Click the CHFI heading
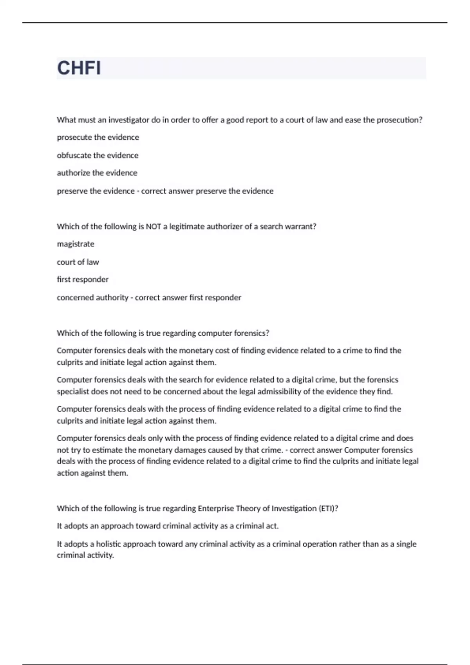pyautogui.click(x=79, y=68)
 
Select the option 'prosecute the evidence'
pyautogui.click(x=98, y=137)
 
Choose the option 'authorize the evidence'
pyautogui.click(x=97, y=173)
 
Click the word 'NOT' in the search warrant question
pyautogui.click(x=154, y=226)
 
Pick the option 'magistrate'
pyautogui.click(x=76, y=244)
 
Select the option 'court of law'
pyautogui.click(x=78, y=262)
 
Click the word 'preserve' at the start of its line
pyautogui.click(x=72, y=191)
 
